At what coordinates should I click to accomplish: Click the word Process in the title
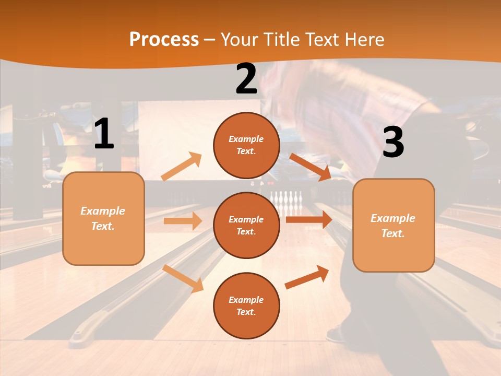click(x=164, y=39)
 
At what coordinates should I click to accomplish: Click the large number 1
click(x=104, y=134)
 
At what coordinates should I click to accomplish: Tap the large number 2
click(x=246, y=79)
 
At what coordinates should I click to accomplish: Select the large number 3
click(x=393, y=143)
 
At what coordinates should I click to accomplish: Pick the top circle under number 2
click(x=246, y=145)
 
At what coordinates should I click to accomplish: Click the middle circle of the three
click(x=246, y=225)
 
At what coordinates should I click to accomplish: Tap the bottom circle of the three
click(x=246, y=305)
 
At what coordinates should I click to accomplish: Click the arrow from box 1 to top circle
click(x=181, y=167)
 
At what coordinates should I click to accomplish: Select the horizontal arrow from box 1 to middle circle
click(x=183, y=221)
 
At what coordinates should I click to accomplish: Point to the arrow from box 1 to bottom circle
click(x=183, y=278)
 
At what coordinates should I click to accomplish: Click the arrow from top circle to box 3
click(x=310, y=167)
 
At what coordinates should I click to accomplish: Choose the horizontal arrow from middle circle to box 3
click(x=308, y=219)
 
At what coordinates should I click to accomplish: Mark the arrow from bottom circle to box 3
click(x=307, y=277)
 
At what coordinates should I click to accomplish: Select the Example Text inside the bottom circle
click(x=246, y=305)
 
